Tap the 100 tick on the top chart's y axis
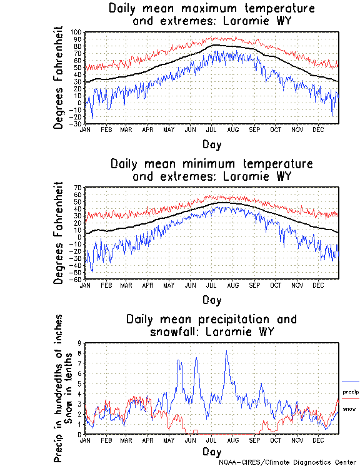click(76, 33)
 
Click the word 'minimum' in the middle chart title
click(227, 164)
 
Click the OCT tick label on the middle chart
click(275, 285)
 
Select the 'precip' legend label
click(350, 392)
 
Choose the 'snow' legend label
click(349, 408)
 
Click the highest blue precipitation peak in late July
click(226, 352)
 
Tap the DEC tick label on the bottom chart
click(317, 440)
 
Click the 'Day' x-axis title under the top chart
click(212, 144)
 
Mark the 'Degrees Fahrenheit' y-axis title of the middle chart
click(59, 233)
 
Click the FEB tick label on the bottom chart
click(106, 440)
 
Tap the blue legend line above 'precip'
click(351, 382)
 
